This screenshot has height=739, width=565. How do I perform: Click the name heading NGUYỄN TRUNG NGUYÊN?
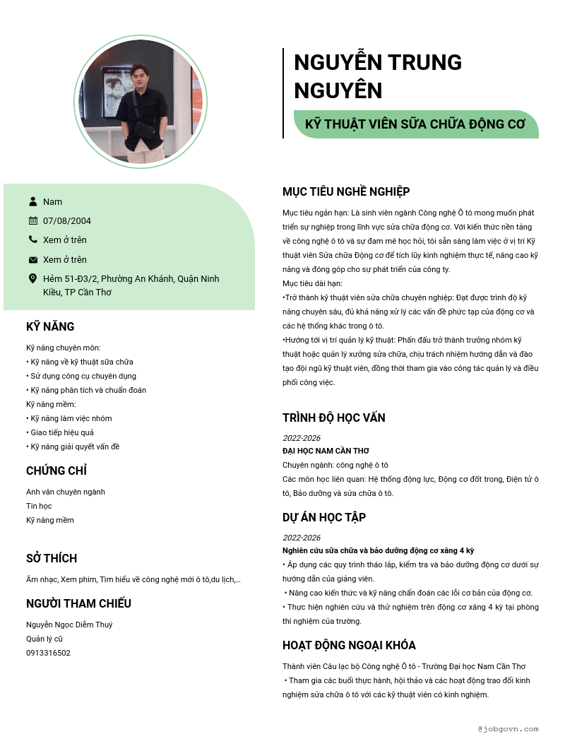point(377,76)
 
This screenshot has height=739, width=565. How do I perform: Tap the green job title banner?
point(415,124)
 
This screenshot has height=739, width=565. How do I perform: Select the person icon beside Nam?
point(33,201)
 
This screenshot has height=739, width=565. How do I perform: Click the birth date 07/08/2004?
point(67,221)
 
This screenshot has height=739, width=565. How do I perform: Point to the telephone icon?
point(33,240)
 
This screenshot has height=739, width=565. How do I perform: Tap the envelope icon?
point(33,259)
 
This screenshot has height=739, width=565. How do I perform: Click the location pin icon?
point(33,278)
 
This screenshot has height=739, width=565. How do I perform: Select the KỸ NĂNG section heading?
point(50,326)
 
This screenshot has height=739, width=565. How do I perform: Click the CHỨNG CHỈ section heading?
point(56,471)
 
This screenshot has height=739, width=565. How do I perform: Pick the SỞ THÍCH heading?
point(52,558)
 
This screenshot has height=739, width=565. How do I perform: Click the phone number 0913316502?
point(48,653)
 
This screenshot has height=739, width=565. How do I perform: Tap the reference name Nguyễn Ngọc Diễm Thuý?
point(69,625)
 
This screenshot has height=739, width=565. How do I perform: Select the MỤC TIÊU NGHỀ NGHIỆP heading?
point(346,191)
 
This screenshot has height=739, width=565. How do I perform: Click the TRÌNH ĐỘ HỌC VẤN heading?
point(334,418)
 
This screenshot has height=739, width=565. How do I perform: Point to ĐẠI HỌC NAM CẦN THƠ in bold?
point(326,451)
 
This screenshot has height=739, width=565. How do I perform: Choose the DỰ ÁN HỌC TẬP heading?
point(324,517)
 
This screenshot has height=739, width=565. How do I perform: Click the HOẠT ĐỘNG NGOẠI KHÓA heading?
point(349,645)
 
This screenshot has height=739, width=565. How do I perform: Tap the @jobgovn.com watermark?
point(508,728)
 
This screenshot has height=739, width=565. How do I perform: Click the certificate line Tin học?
point(39,506)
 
